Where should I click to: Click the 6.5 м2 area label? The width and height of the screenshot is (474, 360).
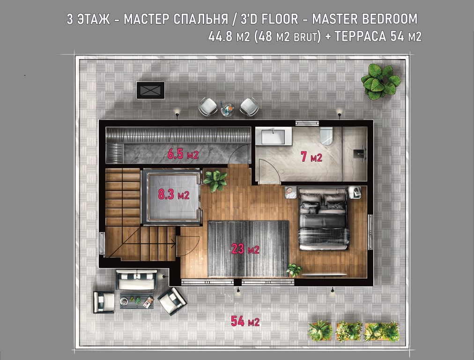183,154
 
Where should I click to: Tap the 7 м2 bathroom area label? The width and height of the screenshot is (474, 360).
311,157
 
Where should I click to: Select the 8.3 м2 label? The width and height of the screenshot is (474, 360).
174,195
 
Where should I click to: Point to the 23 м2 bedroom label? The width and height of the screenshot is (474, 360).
245,249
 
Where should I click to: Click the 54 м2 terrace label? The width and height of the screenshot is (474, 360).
245,321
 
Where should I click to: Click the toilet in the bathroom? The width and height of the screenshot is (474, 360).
326,136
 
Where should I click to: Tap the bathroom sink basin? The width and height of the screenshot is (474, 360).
273,136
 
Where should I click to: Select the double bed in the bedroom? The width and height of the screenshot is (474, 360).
323,218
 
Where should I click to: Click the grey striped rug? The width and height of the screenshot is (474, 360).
248,249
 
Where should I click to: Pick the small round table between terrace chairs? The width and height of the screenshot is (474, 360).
228,109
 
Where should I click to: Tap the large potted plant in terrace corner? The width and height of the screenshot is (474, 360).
381,82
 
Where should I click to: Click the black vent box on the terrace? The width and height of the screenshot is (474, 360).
150,90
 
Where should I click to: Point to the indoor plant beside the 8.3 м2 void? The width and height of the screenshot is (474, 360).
215,181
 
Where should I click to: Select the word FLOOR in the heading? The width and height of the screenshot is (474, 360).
280,19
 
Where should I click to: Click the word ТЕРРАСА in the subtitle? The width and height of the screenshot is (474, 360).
360,37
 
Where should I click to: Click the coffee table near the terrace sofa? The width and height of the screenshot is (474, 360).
137,300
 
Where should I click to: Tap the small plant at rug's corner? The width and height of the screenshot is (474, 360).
294,270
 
